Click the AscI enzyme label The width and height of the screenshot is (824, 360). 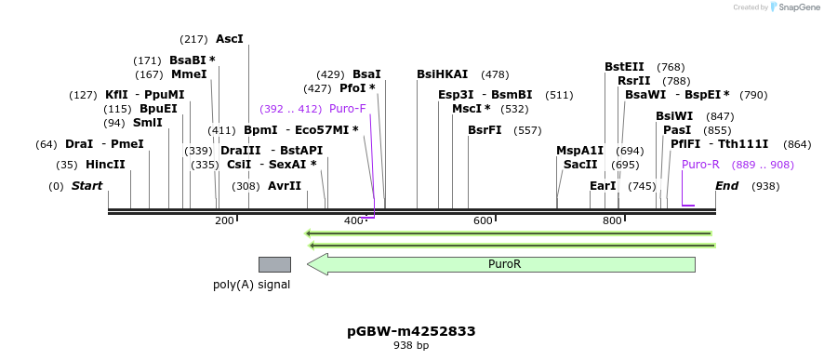point(229,39)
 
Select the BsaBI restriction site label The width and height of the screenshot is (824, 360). point(192,60)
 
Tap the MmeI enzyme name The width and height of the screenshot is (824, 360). point(189,74)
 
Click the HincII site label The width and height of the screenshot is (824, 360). point(105,165)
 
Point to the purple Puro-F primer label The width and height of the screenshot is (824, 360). point(348,109)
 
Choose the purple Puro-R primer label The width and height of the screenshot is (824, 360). point(700,165)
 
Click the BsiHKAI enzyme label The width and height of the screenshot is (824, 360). point(443,74)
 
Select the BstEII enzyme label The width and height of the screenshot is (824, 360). point(624,67)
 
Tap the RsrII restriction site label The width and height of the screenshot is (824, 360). point(634,81)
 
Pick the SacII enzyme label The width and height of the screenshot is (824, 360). point(580,165)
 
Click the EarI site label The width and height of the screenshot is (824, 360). point(603,186)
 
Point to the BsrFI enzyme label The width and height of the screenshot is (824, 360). point(485,130)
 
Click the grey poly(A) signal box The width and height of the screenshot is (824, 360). point(274,264)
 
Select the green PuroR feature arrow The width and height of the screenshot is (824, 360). point(502,264)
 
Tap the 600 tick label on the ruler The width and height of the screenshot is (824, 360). point(483,220)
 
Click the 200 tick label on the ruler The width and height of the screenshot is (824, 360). point(224,220)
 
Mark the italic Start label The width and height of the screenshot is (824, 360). point(86,186)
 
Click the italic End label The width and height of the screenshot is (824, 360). point(727,186)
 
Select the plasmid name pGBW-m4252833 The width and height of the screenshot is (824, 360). point(411,331)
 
